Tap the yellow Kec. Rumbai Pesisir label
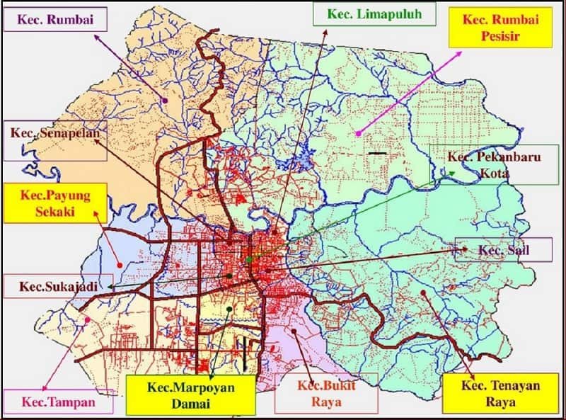tap(500, 27)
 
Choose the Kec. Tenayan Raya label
tap(488, 393)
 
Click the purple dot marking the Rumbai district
tap(165, 101)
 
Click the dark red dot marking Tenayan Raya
tap(422, 292)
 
